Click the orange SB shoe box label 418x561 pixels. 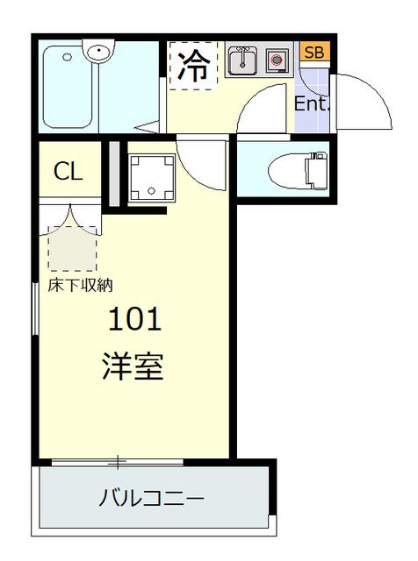coord(313,53)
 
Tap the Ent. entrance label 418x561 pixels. coord(311,103)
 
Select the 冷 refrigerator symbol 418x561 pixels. coord(193,65)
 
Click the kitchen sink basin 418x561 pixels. coord(242,61)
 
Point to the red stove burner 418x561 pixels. coord(277,61)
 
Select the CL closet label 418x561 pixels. coord(68,171)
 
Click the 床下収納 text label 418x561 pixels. coord(80,285)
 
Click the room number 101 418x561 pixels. coord(135,320)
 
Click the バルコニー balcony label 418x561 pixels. coord(151,500)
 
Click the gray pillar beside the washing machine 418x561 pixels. coord(113,173)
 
